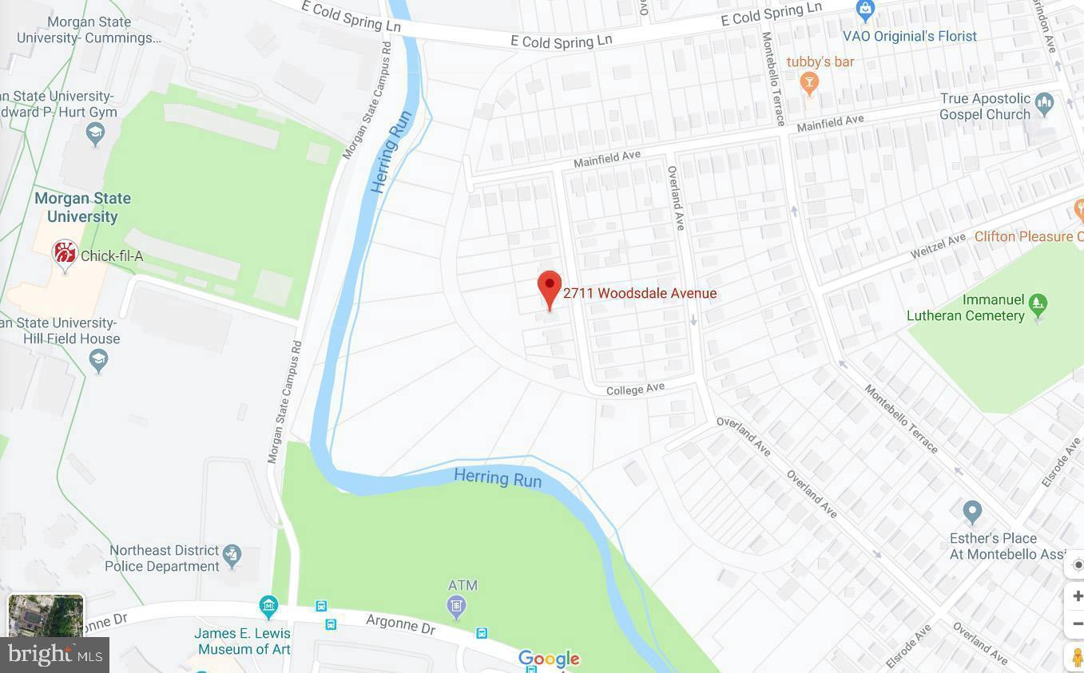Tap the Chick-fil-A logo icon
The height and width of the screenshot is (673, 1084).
65,254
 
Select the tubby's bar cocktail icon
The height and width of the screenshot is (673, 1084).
809,82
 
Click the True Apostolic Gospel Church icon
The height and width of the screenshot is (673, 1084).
1043,103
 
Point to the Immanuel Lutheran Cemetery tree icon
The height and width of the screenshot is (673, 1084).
1038,303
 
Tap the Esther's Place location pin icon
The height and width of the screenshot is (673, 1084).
971,511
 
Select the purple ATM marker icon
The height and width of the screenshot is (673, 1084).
456,607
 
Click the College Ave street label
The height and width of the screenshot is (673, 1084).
635,390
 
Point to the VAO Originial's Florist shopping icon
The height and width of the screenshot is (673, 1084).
864,10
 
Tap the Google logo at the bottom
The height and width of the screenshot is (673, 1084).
549,659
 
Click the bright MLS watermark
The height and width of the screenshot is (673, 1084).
54,655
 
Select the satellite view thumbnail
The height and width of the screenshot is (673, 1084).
46,616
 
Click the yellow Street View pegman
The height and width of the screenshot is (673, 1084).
1076,656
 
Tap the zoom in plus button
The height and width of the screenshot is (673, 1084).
1076,596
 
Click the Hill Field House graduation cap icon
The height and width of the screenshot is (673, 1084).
98,361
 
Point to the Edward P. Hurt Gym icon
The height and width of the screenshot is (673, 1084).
95,134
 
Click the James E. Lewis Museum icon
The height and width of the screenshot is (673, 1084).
268,606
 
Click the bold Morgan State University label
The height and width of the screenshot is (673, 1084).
82,207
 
